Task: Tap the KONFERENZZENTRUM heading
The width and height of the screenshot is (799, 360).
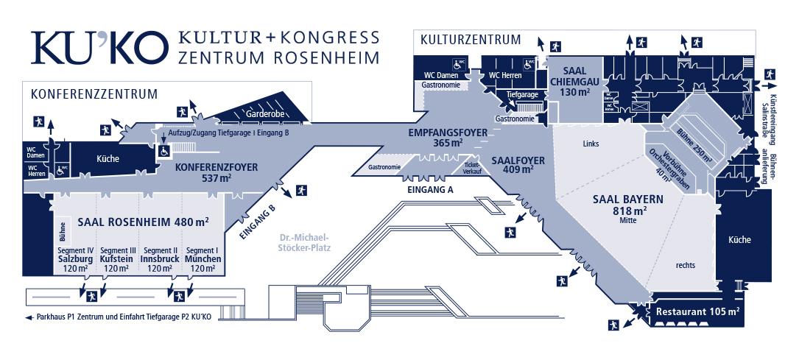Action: point(94,94)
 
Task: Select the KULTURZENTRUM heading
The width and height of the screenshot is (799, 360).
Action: point(470,40)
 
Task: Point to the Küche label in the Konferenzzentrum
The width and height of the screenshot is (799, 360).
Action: point(108,158)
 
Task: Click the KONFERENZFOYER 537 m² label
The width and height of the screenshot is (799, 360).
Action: point(217,172)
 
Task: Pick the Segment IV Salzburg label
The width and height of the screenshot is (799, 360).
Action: point(74,259)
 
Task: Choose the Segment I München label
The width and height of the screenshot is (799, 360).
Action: point(203,259)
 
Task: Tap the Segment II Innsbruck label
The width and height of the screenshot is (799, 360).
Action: point(160,259)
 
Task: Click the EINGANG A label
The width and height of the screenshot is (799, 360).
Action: point(430,189)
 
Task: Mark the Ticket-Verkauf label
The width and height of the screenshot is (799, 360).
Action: point(472,168)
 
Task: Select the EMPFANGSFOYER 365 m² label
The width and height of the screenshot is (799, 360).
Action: point(448,138)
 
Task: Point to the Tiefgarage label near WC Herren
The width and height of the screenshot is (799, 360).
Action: point(522,95)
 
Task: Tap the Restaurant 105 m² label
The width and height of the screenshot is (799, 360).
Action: point(697,311)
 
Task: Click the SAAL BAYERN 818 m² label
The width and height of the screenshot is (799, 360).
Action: point(628,205)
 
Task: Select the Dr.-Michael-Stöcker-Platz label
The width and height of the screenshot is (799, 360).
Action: point(306,243)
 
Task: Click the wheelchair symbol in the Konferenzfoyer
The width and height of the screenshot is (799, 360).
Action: point(165,150)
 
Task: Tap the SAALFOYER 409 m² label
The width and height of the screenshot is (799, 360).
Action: point(517,164)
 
